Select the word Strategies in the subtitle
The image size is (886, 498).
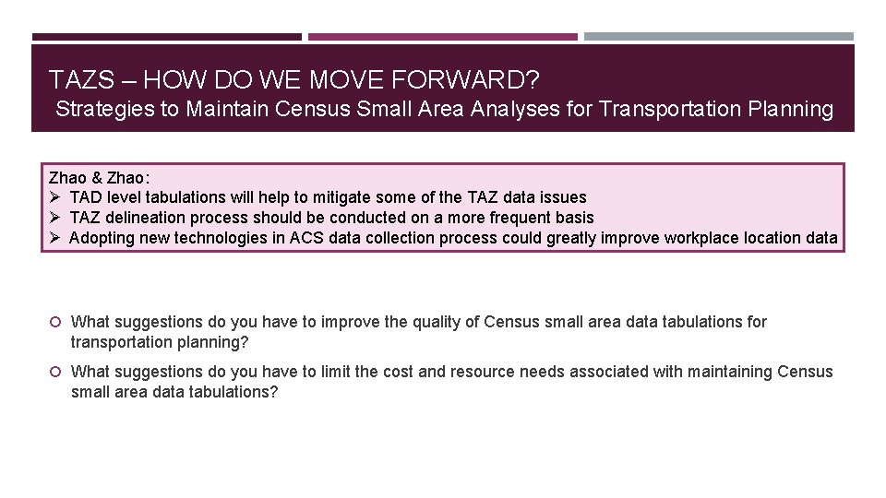pyautogui.click(x=105, y=109)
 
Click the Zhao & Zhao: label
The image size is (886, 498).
pyautogui.click(x=99, y=177)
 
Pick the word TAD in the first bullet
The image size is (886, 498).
pyautogui.click(x=86, y=197)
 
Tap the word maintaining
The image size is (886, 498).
pyautogui.click(x=728, y=372)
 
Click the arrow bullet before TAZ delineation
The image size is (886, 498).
pyautogui.click(x=55, y=218)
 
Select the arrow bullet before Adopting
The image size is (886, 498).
pyautogui.click(x=55, y=238)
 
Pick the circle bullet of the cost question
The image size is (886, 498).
pyautogui.click(x=55, y=372)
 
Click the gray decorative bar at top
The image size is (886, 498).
pyautogui.click(x=719, y=37)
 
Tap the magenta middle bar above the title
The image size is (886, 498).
pyautogui.click(x=443, y=37)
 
